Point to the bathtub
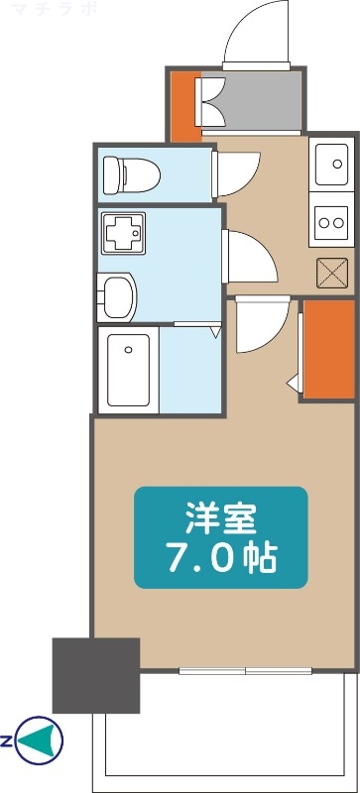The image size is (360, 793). coord(128,370)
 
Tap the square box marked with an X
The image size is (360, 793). coord(330,270)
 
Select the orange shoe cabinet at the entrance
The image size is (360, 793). coord(182,105)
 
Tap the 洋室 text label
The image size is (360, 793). coord(220,517)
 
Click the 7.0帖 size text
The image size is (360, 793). coord(220,559)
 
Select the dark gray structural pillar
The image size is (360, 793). coord(95,675)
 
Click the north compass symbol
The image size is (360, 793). coord(41,739)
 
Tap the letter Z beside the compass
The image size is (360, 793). coord(7,739)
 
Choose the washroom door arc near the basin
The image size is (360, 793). coord(253,258)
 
